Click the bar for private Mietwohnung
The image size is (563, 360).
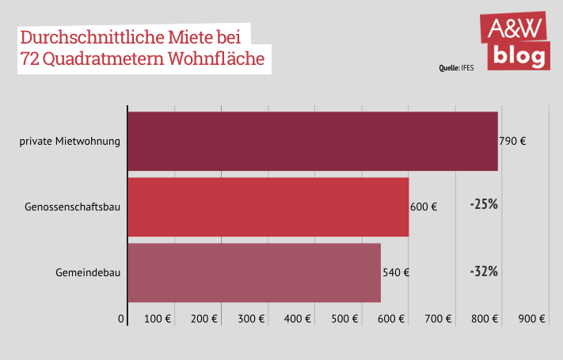(312, 141)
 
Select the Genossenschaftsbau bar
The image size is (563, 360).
(268, 207)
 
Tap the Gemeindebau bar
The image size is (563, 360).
(253, 272)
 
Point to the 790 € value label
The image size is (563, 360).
(512, 142)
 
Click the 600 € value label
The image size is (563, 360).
(424, 207)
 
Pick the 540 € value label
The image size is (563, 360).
(396, 273)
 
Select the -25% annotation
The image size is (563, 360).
(483, 204)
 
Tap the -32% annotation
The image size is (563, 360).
(483, 271)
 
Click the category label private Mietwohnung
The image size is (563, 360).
(70, 142)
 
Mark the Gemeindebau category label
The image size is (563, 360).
(88, 273)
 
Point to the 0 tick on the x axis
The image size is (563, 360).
(122, 319)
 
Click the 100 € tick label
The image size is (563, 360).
(158, 319)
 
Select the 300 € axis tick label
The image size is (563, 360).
(251, 319)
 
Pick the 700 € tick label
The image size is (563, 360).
(438, 319)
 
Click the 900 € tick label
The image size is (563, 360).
(532, 319)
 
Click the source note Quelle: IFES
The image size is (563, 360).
(456, 68)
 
